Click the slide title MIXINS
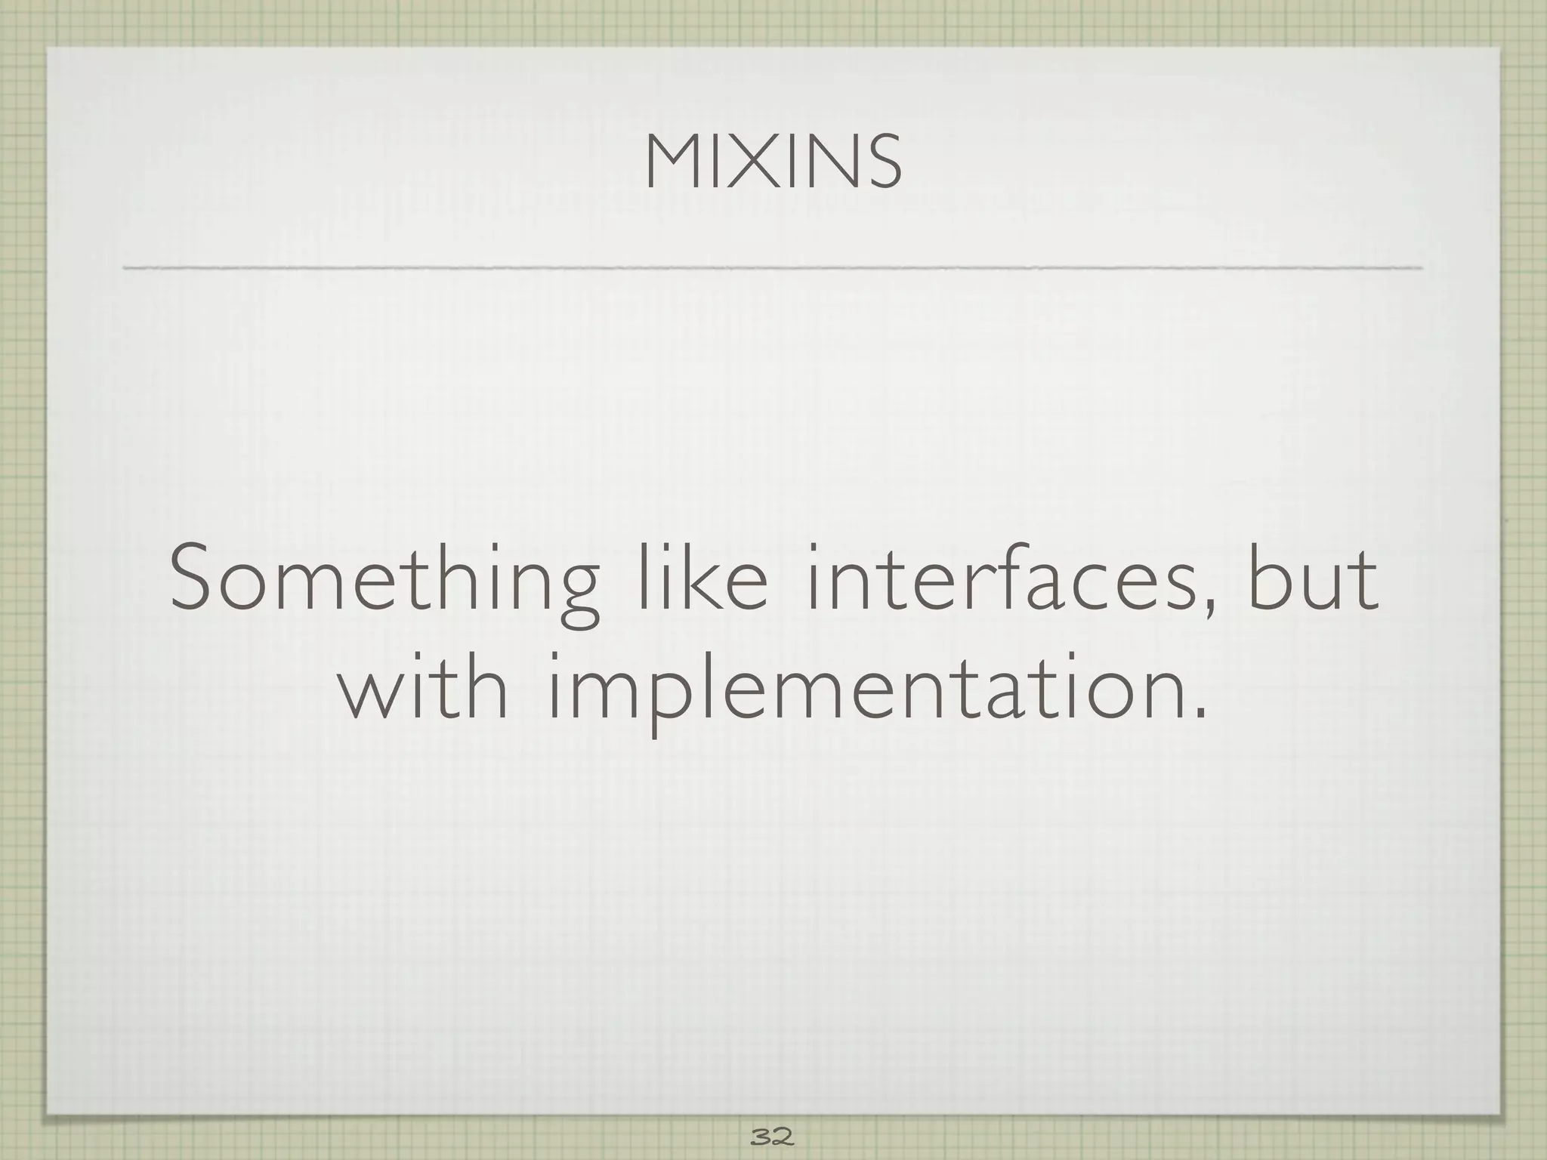(773, 162)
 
